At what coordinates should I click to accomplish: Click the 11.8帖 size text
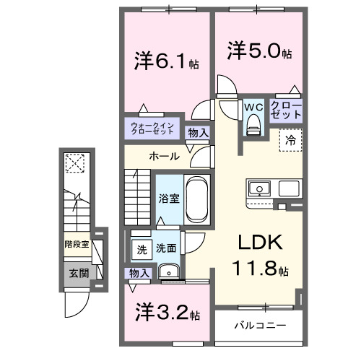pos(260,271)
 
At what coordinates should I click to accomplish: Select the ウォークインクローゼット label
pos(152,129)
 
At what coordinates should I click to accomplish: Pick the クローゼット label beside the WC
pos(286,110)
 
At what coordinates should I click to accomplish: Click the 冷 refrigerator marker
pos(290,140)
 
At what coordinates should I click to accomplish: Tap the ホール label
pos(165,156)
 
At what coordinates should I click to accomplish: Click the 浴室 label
pos(168,196)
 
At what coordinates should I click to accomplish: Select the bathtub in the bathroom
pos(195,200)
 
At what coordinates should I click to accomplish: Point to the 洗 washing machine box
pos(142,249)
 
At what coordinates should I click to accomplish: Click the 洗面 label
pos(167,249)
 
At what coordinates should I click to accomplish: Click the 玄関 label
pos(79,273)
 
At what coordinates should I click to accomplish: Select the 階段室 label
pos(76,245)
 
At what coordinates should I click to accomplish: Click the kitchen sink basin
pos(258,189)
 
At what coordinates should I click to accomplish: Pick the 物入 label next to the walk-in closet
pos(198,132)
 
